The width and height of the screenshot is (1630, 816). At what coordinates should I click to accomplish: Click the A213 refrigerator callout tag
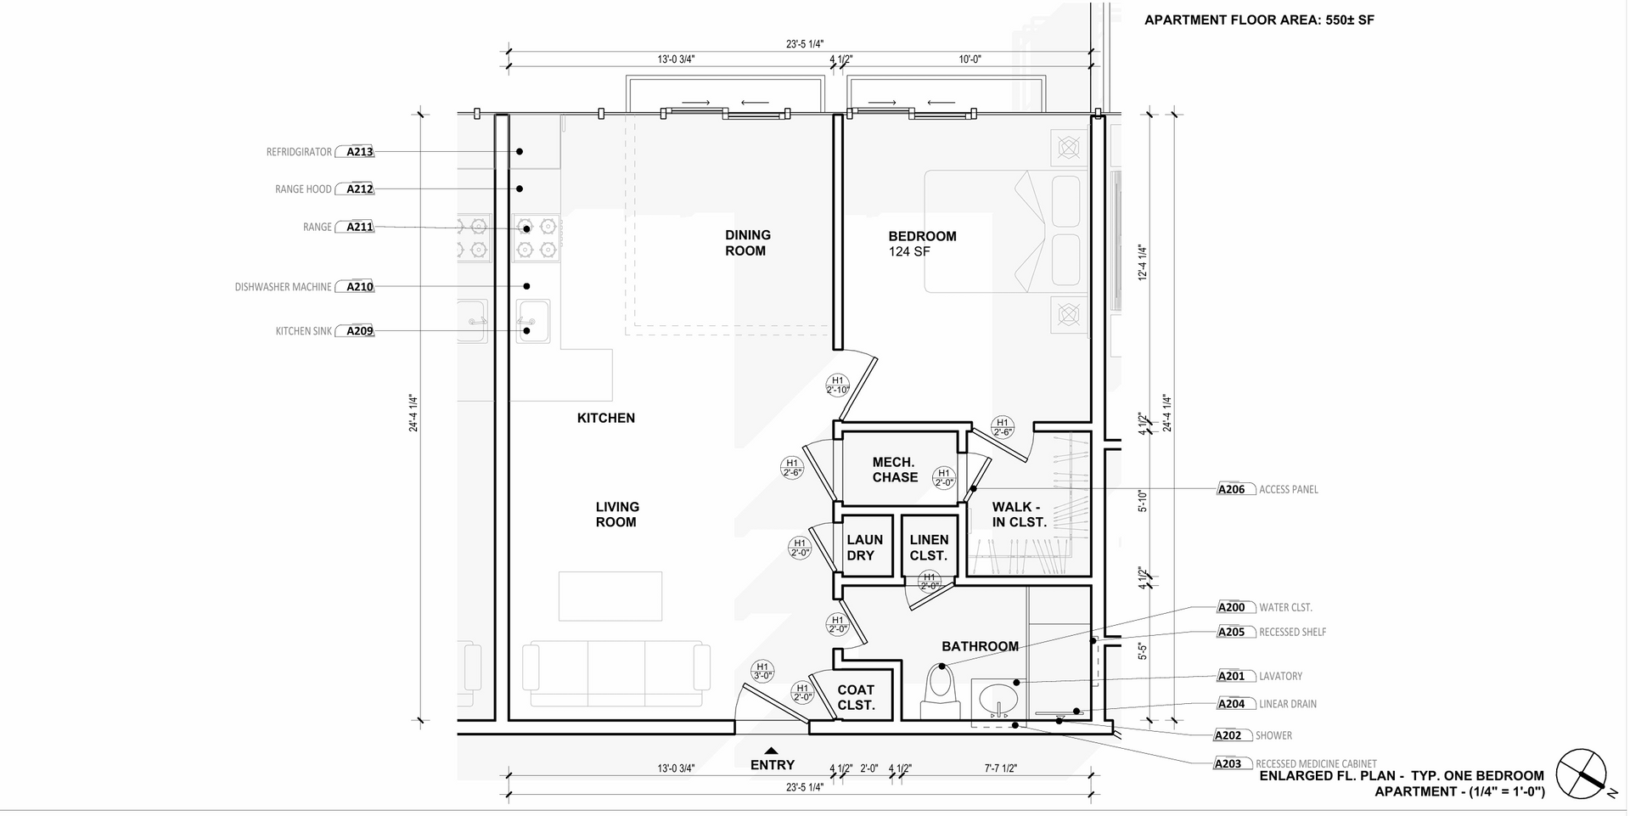click(359, 152)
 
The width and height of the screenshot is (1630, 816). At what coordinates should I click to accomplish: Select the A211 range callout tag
click(359, 227)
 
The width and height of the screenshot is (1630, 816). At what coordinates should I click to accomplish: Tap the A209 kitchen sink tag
click(359, 331)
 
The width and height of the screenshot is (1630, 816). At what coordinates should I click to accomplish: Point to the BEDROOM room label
click(922, 236)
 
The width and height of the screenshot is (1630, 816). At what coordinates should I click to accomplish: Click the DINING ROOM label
click(747, 243)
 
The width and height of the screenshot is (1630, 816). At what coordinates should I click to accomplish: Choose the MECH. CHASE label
click(895, 470)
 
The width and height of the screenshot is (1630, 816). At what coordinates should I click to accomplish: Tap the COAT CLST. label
click(856, 698)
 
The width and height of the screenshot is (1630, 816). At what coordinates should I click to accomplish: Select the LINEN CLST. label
click(929, 548)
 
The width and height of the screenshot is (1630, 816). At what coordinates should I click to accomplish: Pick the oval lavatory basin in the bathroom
click(998, 701)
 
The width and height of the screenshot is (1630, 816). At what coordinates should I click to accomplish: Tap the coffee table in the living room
click(610, 596)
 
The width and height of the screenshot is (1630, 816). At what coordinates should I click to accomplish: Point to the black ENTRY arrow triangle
click(772, 751)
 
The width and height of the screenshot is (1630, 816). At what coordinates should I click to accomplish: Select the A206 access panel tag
click(1231, 489)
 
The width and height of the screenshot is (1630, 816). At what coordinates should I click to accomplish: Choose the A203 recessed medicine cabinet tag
click(1228, 763)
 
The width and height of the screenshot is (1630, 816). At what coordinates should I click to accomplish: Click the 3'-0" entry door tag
click(762, 671)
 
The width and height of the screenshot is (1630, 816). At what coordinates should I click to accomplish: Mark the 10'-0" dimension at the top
click(970, 59)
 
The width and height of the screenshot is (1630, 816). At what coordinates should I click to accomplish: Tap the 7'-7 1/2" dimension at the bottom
click(1001, 768)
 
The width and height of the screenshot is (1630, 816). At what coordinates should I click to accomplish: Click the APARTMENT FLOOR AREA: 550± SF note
click(1259, 20)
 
